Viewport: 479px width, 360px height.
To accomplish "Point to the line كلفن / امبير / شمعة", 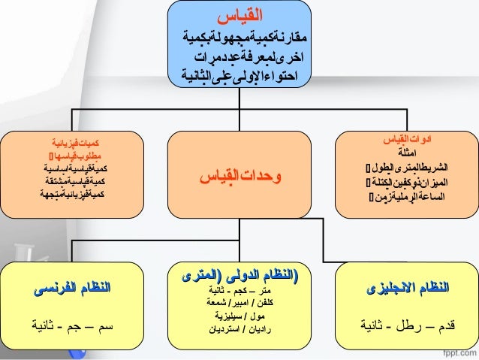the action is coord(239,303).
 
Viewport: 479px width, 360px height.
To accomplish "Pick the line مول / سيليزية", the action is coord(239,316).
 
